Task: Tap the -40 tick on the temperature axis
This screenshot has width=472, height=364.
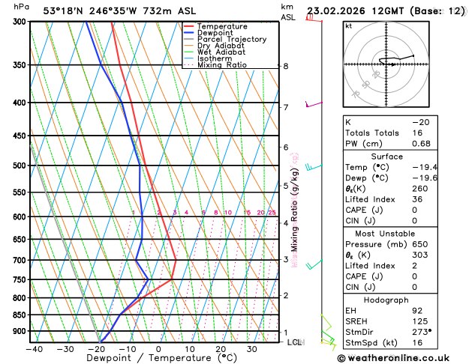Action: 33,349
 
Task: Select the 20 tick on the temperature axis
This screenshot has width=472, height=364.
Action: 221,349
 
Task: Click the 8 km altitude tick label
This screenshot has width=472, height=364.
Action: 285,66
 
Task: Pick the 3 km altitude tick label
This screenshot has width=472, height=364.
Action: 285,260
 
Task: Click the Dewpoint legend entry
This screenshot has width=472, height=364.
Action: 215,33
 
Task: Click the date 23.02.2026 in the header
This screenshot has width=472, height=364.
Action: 335,10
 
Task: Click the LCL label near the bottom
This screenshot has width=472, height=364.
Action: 295,342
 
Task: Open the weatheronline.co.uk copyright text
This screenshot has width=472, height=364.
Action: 402,358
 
